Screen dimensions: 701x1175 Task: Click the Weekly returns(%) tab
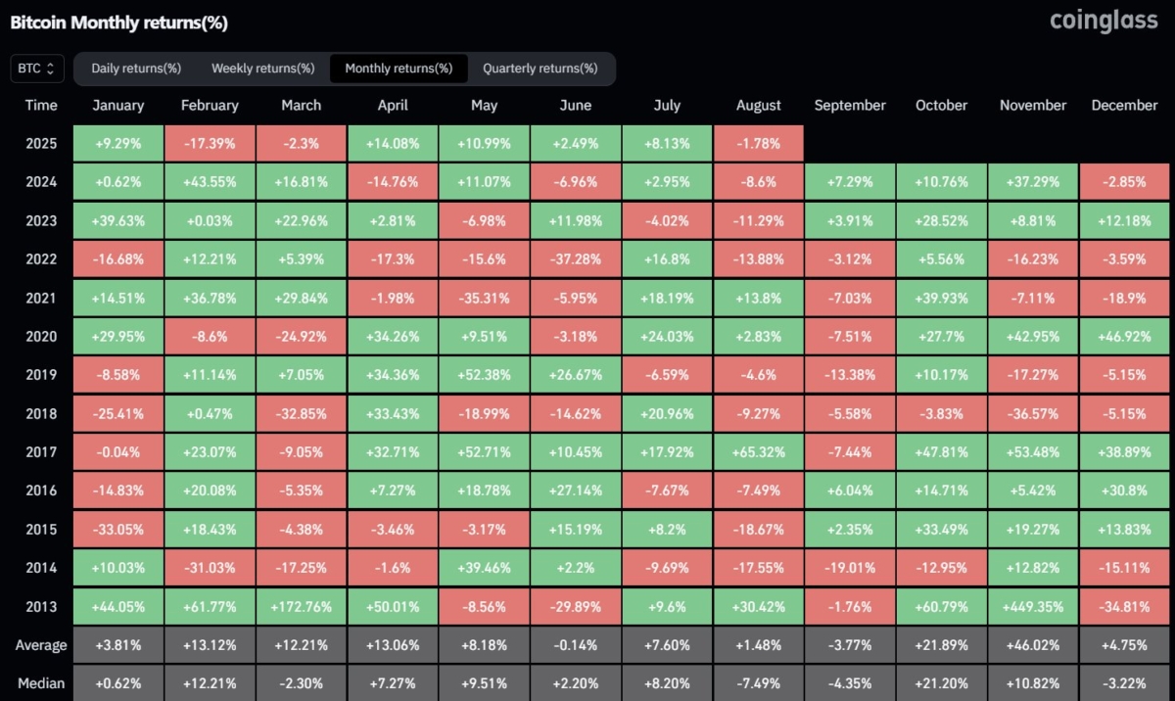[x=262, y=69]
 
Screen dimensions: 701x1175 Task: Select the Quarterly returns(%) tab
[x=540, y=69]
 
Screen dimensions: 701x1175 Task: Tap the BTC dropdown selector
[x=38, y=69]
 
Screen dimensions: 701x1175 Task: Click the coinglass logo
[x=1104, y=21]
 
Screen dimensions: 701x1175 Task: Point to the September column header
[x=849, y=106]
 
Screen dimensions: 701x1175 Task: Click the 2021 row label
[x=41, y=298]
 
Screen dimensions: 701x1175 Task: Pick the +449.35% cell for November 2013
[x=1033, y=607]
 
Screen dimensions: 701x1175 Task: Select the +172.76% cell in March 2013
[x=301, y=607]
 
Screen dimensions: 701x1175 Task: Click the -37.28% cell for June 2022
[x=575, y=259]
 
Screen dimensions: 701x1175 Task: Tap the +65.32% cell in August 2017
[x=758, y=452]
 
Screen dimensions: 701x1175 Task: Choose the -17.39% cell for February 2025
[x=210, y=144]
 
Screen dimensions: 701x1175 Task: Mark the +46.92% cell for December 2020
[x=1124, y=337]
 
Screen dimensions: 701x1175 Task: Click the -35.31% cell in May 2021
[x=484, y=298]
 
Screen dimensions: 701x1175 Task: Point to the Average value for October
[x=940, y=645]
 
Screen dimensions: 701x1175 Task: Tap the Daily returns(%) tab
[x=136, y=69]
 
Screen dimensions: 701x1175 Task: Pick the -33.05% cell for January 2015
[x=118, y=530]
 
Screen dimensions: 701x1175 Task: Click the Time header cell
[x=41, y=106]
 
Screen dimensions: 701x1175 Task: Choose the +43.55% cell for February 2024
[x=210, y=182]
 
